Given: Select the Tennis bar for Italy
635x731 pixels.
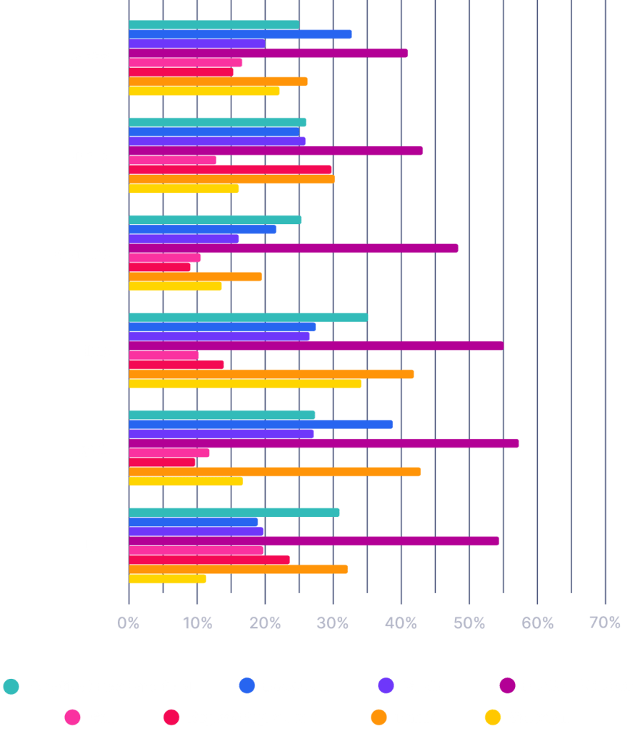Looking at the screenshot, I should point(271,374).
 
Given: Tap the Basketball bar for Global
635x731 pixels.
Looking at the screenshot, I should point(240,34).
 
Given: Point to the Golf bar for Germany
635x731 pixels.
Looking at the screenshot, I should point(164,258).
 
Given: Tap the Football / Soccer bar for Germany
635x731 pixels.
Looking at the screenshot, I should point(293,248).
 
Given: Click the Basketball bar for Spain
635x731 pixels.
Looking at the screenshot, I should point(260,424).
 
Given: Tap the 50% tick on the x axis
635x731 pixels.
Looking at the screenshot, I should point(469,623).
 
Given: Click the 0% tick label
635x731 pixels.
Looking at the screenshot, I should point(129,623).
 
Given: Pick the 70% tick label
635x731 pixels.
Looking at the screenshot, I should point(605,623).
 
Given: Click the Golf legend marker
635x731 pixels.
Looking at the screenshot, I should point(71,717).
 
